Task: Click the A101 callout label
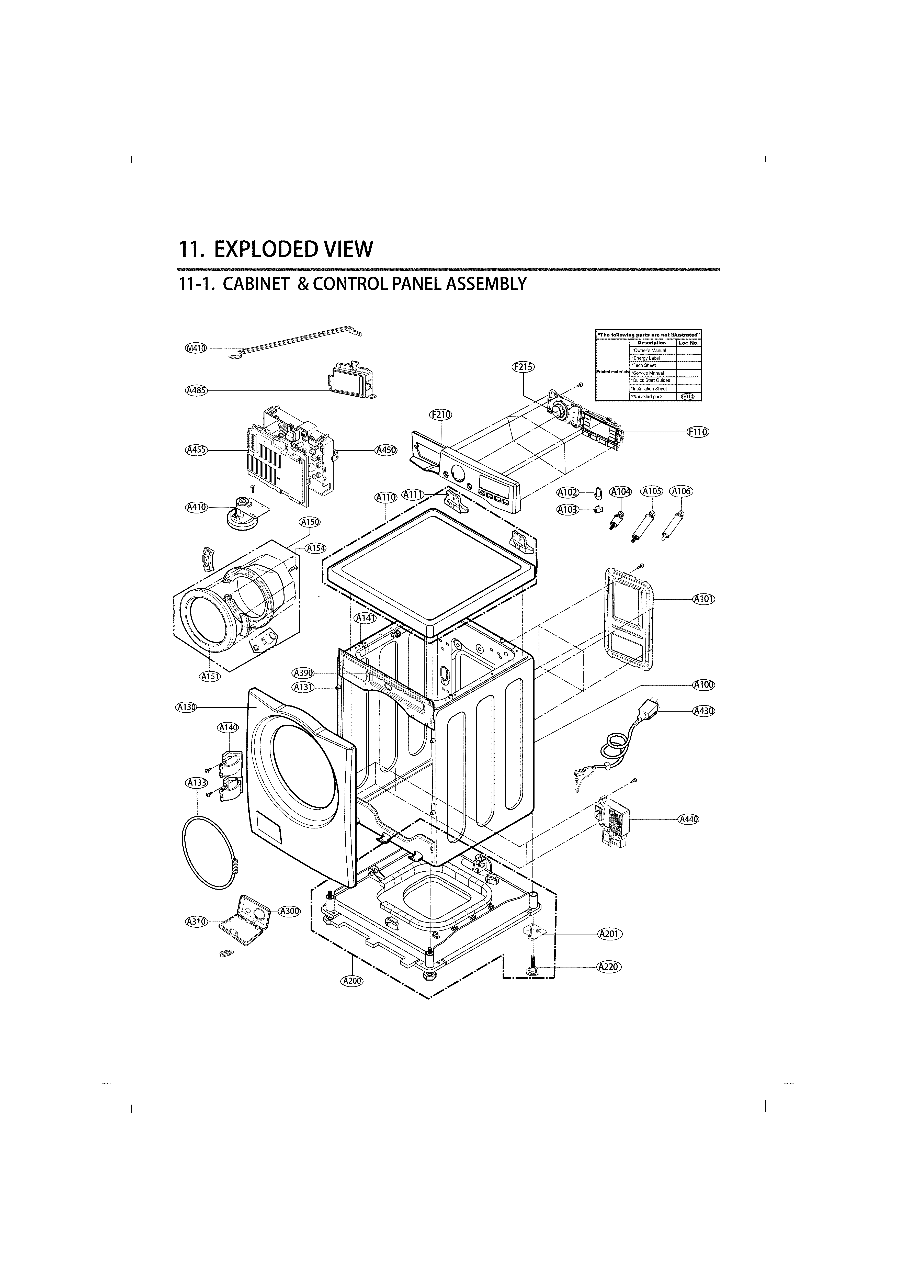click(x=703, y=599)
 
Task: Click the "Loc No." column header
click(x=689, y=343)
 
